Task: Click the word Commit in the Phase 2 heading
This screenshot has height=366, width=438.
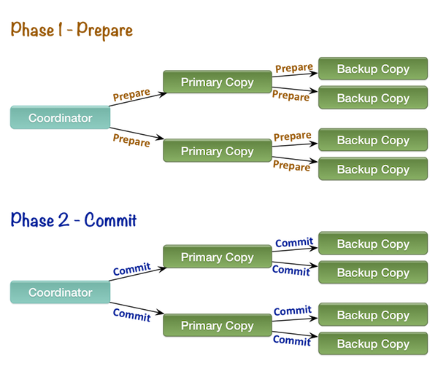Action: click(110, 220)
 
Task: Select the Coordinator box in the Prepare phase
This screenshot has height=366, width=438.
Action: click(60, 117)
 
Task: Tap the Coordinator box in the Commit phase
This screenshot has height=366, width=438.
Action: click(60, 292)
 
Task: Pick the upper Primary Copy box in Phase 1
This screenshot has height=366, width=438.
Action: click(217, 82)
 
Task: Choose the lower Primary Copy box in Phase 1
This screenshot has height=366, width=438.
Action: click(217, 151)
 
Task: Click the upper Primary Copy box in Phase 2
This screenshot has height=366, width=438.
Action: click(217, 257)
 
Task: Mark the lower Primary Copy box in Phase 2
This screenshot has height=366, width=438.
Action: click(217, 325)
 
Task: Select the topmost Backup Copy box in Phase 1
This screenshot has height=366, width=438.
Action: click(373, 69)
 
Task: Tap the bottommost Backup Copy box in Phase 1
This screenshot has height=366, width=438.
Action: click(373, 169)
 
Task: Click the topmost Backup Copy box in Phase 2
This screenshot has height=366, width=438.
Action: click(373, 244)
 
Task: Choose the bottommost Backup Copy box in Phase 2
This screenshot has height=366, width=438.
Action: click(373, 343)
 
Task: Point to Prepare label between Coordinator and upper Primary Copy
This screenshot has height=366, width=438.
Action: click(131, 95)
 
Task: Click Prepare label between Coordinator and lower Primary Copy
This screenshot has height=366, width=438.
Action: click(131, 139)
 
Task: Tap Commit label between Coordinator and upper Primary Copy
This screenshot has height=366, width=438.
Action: click(131, 269)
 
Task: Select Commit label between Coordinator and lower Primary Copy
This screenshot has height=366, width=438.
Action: click(131, 316)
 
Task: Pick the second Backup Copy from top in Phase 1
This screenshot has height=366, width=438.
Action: click(373, 98)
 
